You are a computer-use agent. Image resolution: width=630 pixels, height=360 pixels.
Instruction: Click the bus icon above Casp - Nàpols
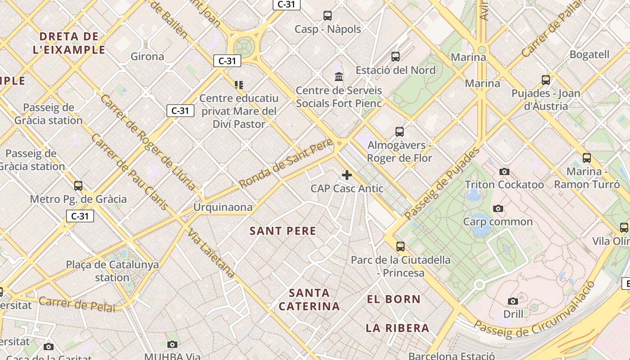[328, 16]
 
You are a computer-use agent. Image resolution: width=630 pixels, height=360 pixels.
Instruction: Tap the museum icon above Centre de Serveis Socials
[339, 76]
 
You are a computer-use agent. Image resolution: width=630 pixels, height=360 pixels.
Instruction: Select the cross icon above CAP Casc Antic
[347, 175]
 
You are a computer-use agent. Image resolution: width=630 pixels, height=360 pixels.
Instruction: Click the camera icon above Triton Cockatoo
[504, 171]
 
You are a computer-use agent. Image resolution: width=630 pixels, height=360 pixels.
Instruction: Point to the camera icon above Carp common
[498, 208]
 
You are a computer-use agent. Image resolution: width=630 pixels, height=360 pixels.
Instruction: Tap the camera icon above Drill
[513, 301]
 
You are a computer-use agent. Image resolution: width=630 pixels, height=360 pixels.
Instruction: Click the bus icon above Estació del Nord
[396, 57]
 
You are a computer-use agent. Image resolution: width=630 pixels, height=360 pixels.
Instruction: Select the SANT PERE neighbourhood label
[283, 231]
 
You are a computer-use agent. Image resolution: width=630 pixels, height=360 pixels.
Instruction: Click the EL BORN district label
[394, 299]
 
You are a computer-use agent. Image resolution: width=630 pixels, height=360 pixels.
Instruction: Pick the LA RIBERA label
[397, 328]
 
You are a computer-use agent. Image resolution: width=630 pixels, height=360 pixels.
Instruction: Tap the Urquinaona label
[223, 207]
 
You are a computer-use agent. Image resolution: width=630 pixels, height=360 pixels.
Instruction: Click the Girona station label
[147, 57]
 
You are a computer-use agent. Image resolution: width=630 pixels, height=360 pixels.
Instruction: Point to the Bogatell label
[589, 55]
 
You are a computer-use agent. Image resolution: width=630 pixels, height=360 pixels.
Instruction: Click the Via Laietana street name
[211, 253]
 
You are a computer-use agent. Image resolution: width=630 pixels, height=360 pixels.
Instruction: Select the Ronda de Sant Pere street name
[286, 164]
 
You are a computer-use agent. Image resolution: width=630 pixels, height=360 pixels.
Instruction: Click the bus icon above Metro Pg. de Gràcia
[78, 185]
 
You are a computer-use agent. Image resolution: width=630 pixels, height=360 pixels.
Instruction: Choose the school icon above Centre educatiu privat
[239, 85]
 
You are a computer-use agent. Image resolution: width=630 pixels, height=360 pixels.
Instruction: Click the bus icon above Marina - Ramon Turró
[587, 158]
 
